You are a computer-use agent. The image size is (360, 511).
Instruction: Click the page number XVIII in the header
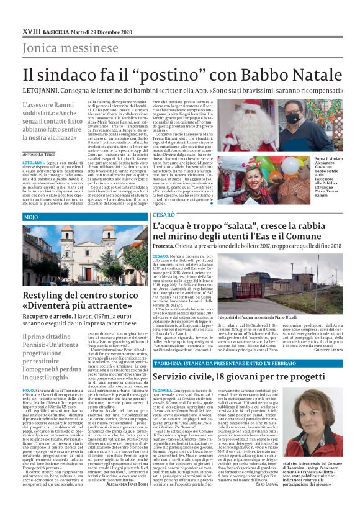pos(30,30)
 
